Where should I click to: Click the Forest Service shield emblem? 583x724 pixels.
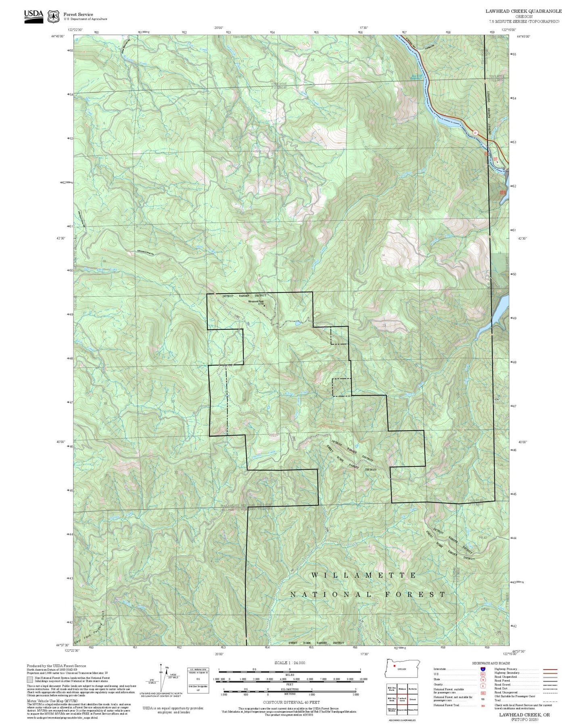54,16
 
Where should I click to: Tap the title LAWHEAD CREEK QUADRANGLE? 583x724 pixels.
523,11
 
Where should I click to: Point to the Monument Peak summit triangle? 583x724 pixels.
265,306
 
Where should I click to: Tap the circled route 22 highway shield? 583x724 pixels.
475,132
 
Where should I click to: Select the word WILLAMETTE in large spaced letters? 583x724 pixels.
364,575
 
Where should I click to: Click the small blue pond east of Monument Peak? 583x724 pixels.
297,323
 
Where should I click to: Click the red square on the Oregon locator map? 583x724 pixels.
394,666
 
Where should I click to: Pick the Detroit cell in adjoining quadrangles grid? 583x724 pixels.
412,699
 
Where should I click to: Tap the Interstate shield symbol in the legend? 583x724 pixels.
483,669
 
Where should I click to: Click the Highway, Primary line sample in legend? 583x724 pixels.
550,669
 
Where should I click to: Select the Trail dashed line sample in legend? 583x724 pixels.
550,701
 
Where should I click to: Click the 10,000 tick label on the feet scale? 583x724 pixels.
363,679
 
